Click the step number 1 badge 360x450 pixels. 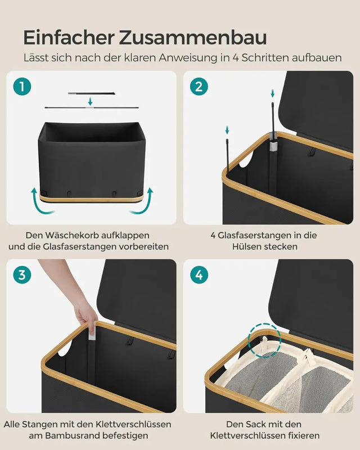pyautogui.click(x=22, y=87)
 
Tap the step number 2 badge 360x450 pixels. pyautogui.click(x=199, y=87)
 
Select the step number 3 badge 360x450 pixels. pyautogui.click(x=22, y=275)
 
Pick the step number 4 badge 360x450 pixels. pyautogui.click(x=199, y=275)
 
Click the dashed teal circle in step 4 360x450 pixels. pyautogui.click(x=263, y=340)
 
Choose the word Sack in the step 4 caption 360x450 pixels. pyautogui.click(x=257, y=424)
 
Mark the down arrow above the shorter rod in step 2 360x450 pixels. pyautogui.click(x=227, y=130)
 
